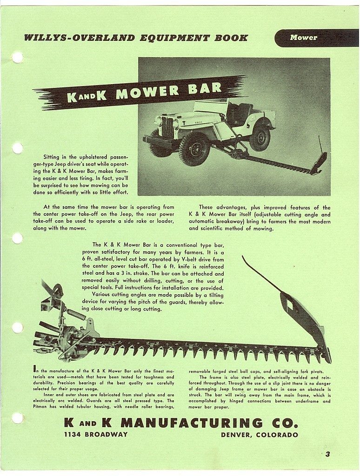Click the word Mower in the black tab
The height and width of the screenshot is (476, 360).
click(x=303, y=38)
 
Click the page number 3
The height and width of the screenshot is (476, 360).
click(x=327, y=454)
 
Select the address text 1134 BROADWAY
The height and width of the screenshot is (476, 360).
click(x=96, y=435)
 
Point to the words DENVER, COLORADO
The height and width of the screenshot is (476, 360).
click(x=260, y=435)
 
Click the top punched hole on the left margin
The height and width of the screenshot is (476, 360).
click(x=17, y=57)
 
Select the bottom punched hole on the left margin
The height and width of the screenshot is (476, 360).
click(x=17, y=418)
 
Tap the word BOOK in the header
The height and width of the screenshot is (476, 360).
click(x=230, y=38)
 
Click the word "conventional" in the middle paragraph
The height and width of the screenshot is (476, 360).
click(x=186, y=245)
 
